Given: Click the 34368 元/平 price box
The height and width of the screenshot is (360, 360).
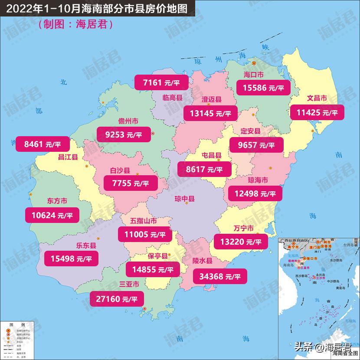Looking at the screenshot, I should [219, 276].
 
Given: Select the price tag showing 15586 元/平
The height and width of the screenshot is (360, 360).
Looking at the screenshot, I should [260, 88].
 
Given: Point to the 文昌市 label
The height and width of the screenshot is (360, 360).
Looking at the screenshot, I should [317, 98].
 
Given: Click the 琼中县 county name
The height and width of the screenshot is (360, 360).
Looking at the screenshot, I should [184, 199].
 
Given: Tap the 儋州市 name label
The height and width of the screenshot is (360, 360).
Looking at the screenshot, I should [128, 121].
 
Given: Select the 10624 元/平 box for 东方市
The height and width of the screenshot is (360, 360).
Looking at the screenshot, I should [52, 214].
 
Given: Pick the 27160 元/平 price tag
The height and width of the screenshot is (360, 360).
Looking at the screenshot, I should [116, 298].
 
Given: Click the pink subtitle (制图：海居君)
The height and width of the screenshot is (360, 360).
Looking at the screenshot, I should [76, 25].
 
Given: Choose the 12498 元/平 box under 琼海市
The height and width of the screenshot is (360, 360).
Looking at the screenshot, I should [252, 193].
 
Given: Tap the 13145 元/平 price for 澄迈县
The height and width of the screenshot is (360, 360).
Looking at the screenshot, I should [210, 113].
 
